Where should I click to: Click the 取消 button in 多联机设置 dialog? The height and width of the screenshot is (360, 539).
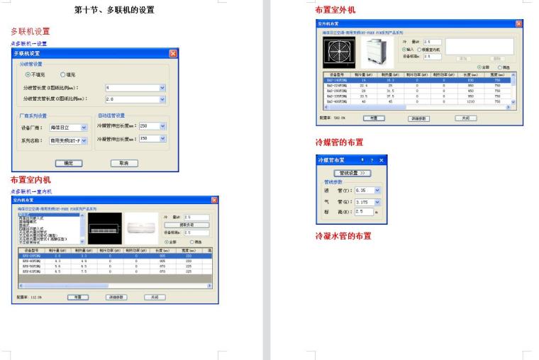pos(123,163)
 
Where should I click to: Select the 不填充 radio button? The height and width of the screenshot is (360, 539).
pos(28,74)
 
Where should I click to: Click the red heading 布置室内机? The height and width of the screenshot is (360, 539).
pos(30,180)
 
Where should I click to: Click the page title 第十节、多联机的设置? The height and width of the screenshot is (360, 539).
pos(114,10)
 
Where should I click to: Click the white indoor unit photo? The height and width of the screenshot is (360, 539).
pos(139,228)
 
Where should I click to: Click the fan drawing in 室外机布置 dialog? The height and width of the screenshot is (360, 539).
pos(338,52)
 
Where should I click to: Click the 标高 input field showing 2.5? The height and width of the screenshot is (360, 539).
pos(362,211)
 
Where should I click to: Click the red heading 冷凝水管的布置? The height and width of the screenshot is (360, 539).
pos(343,235)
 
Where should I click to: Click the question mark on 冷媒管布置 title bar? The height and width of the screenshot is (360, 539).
pos(371,161)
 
